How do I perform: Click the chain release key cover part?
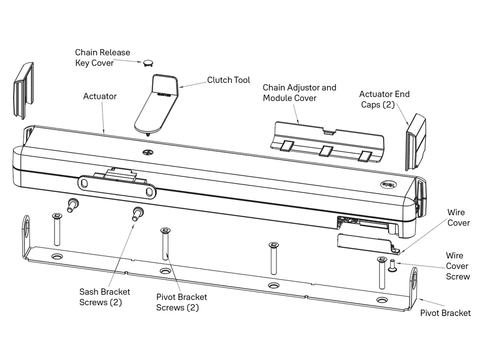coord(148,63)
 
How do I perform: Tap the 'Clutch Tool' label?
coord(228,80)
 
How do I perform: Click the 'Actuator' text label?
coord(100,96)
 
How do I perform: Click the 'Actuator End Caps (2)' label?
coord(384,99)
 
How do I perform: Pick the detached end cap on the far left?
coord(24,91)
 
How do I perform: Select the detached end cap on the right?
coord(416,142)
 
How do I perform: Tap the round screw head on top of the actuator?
coord(148,152)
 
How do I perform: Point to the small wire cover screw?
coord(392,265)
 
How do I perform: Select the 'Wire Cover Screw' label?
coord(457,266)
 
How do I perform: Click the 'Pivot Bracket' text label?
coord(445,313)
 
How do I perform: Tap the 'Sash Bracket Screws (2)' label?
coord(104,297)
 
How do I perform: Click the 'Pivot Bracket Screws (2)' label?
coord(181,302)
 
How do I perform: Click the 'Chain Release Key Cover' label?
coord(102,58)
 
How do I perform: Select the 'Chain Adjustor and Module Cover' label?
coord(299,93)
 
